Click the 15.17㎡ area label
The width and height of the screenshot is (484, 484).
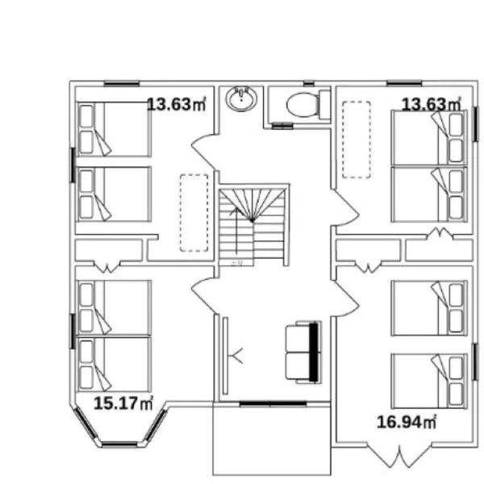click(123, 403)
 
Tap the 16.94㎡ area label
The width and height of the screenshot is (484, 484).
click(407, 422)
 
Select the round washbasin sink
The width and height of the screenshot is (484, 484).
click(241, 98)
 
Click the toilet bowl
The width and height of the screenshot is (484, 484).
click(302, 105)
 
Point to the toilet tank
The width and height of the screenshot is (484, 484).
click(324, 105)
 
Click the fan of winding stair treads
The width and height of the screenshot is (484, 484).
click(252, 205)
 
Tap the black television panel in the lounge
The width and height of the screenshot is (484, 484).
click(313, 353)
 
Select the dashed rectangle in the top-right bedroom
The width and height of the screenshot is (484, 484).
click(357, 140)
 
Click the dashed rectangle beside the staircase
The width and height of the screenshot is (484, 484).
click(194, 213)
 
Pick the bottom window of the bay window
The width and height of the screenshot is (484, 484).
click(119, 444)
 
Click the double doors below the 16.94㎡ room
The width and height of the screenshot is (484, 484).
click(399, 455)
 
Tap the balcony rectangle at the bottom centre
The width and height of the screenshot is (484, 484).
click(272, 439)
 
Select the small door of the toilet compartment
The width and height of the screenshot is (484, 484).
click(282, 126)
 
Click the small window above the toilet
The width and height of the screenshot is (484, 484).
click(309, 83)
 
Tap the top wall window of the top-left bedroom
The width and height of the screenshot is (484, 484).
click(122, 83)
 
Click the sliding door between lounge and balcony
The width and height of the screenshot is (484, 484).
click(273, 403)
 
